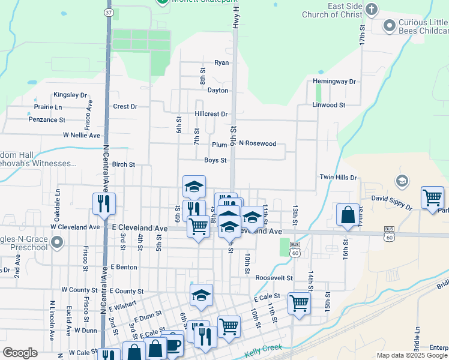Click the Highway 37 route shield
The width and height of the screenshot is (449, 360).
pos(108,11)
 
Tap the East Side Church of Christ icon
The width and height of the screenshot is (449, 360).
pos(372,9)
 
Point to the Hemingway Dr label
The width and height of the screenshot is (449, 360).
pos(334,82)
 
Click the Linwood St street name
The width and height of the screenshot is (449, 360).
pos(328,105)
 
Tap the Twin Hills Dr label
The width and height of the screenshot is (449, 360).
pos(338,178)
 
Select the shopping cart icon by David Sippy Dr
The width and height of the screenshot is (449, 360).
pos(432,197)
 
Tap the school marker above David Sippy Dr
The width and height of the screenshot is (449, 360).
pos(402,181)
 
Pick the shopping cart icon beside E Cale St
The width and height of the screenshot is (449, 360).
pos(298,303)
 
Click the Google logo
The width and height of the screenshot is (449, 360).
pos(20,353)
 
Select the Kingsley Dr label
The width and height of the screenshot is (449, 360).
pos(70,95)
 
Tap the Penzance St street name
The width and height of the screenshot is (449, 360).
pos(47,120)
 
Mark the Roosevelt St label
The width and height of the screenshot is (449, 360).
pos(274,278)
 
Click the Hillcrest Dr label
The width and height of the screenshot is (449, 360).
pos(211,114)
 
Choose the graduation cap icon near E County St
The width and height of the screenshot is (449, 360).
pos(201,295)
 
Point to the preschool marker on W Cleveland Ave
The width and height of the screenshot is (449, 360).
pos(57,243)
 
